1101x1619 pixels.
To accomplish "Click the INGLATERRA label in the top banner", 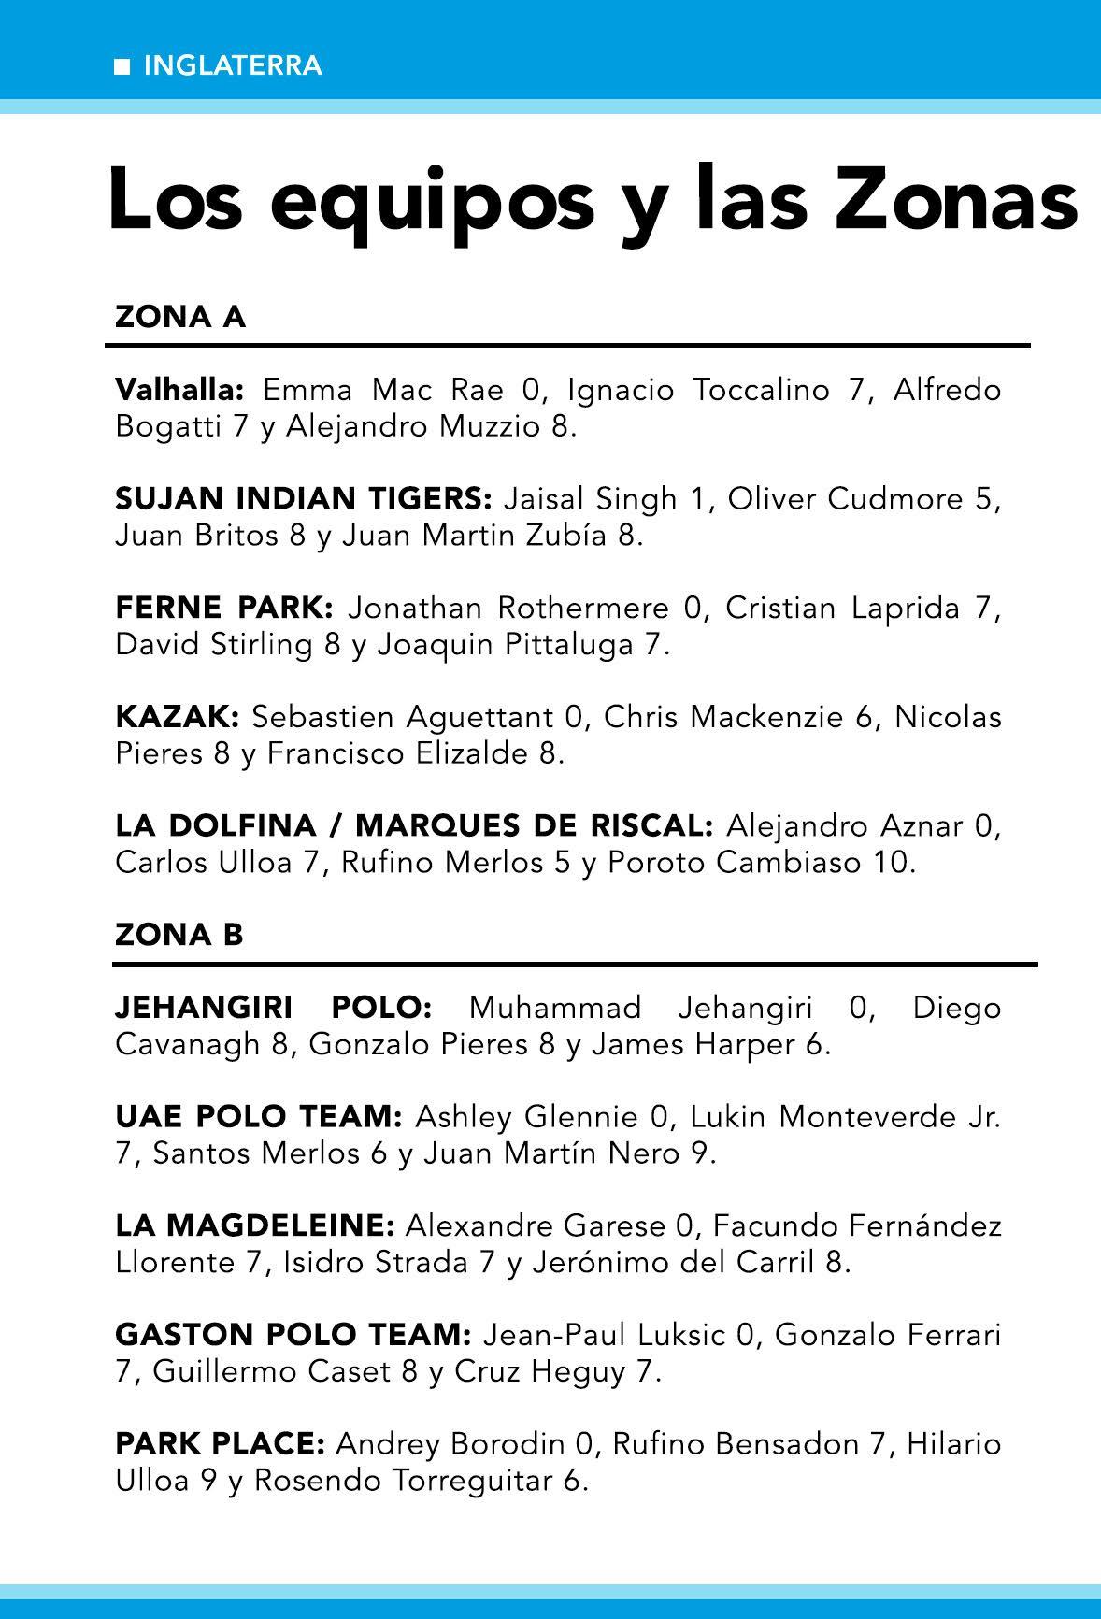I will click(x=233, y=66).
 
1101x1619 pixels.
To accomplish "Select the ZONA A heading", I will click(x=180, y=318).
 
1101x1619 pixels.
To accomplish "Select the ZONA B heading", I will click(x=179, y=934).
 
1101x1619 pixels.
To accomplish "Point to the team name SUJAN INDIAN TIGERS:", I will click(x=304, y=498).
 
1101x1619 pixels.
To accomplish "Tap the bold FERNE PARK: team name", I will click(x=224, y=608).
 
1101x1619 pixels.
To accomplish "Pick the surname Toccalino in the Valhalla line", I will click(x=762, y=389).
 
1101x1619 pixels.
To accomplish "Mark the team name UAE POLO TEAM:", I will click(x=259, y=1116).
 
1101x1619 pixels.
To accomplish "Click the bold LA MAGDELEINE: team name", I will click(x=255, y=1225).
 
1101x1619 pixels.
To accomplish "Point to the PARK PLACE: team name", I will click(x=220, y=1443).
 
